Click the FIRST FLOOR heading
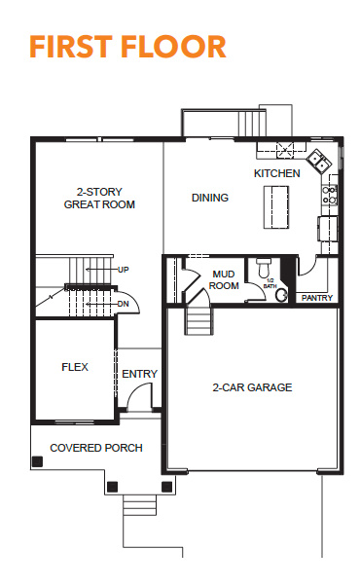127,47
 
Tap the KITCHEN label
276,173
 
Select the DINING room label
210,198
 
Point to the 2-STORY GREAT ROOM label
99,198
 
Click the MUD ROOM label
224,280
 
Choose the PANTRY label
317,298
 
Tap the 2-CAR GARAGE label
252,387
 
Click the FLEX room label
75,367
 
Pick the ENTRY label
140,374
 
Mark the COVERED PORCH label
96,448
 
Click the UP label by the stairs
124,270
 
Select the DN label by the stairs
124,304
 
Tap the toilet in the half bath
264,267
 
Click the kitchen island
276,207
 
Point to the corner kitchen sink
319,160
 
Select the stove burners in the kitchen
330,195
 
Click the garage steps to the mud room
199,320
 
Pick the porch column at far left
37,462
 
